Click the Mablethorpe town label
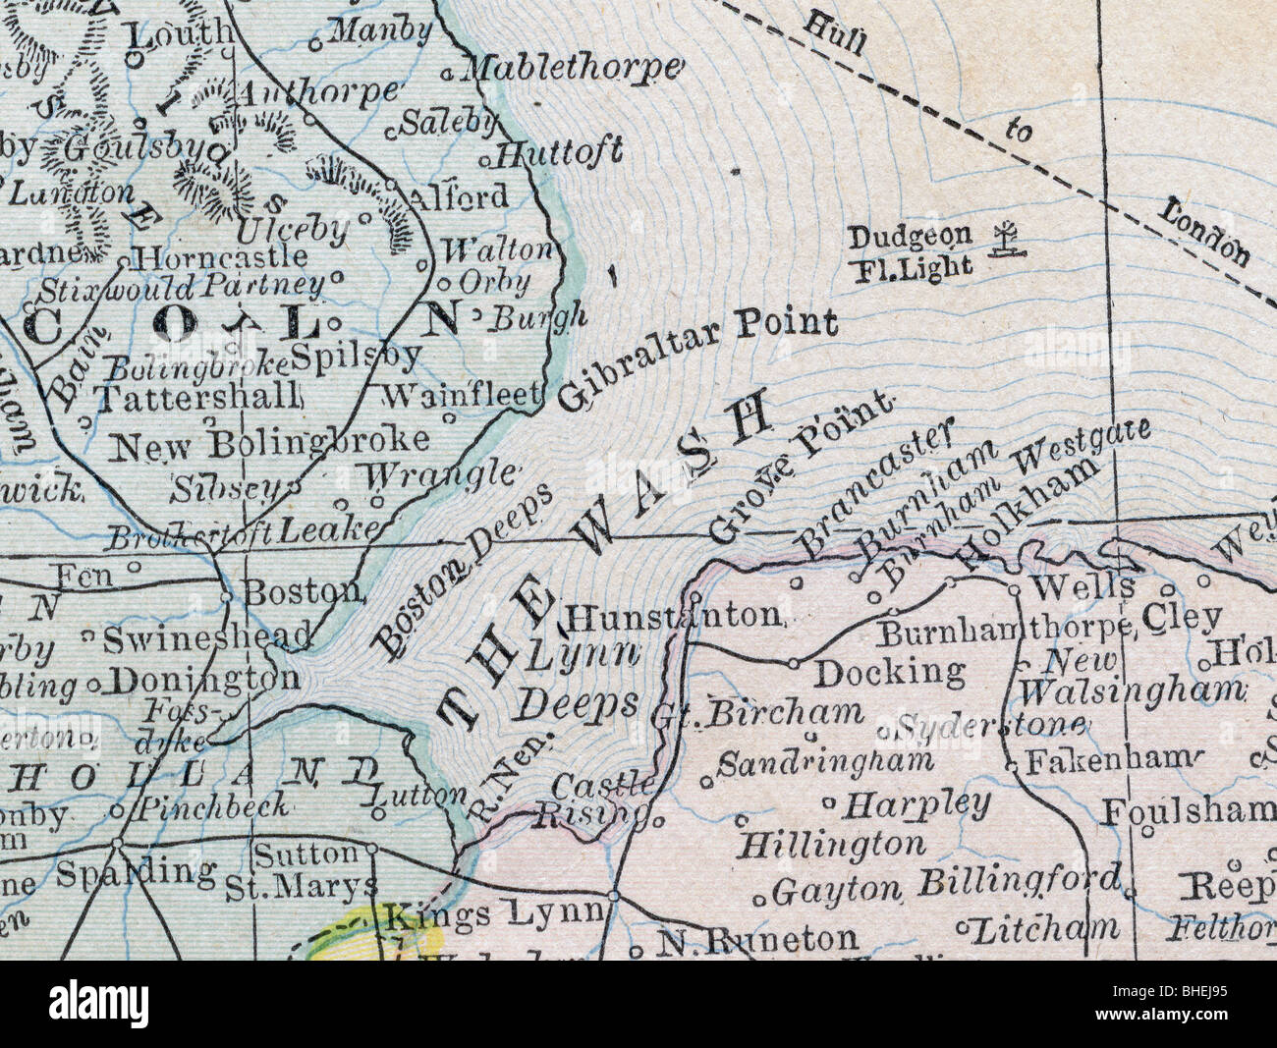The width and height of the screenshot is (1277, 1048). pos(571,67)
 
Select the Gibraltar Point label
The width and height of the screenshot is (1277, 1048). pos(698,359)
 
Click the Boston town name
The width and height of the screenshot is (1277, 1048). pos(303,591)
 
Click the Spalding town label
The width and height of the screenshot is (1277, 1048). pos(136,871)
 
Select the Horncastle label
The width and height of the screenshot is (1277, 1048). pos(223,258)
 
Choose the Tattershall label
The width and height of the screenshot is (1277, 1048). pos(197,397)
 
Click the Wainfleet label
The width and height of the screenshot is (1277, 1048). pos(462,395)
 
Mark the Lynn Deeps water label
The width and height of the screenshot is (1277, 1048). pos(580,678)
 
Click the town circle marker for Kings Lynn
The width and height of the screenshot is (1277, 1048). pos(613,895)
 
